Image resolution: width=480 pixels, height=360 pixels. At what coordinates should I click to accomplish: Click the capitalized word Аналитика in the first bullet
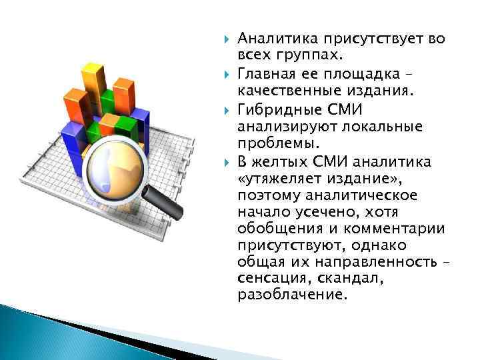270,39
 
